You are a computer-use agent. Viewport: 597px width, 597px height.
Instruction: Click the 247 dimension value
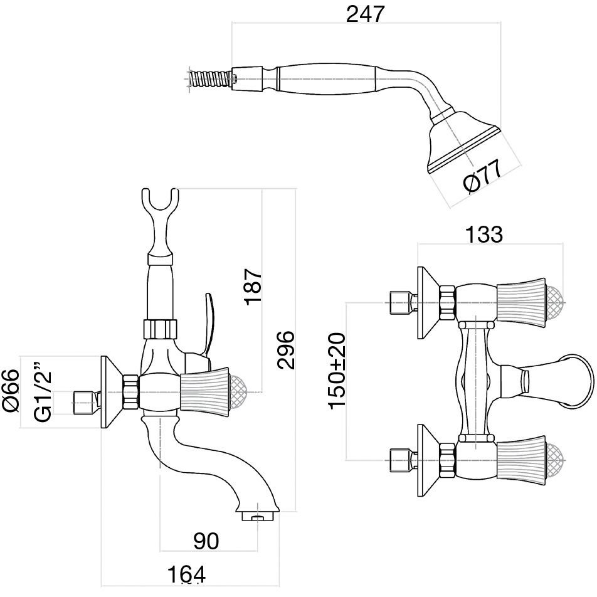(x=365, y=13)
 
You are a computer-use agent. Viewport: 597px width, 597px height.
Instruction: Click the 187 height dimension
(x=253, y=288)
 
